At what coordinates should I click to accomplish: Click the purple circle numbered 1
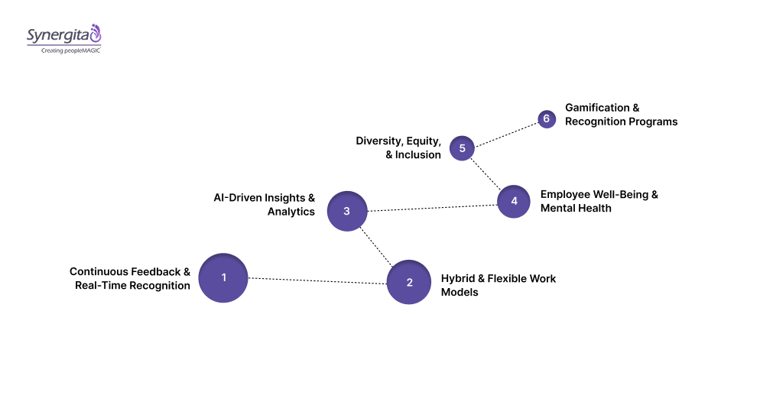(223, 277)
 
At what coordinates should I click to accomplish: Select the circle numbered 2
(409, 282)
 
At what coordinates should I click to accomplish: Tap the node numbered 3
(346, 211)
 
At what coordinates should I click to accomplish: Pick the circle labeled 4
(514, 201)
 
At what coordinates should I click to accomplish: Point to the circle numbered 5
(462, 147)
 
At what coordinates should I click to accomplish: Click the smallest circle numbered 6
(546, 119)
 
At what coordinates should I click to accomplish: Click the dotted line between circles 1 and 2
(317, 280)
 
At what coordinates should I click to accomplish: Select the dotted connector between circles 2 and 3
(378, 246)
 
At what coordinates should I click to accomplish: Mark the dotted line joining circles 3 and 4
(432, 206)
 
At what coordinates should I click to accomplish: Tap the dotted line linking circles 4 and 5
(487, 173)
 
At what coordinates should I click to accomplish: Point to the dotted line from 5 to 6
(505, 133)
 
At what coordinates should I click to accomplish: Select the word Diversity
(380, 141)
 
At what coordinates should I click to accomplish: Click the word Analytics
(291, 212)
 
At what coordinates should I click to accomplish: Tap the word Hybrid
(458, 278)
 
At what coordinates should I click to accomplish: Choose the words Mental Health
(576, 208)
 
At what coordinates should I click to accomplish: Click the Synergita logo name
(57, 35)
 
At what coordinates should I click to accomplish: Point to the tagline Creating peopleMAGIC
(70, 50)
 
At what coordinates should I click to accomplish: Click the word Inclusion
(418, 154)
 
